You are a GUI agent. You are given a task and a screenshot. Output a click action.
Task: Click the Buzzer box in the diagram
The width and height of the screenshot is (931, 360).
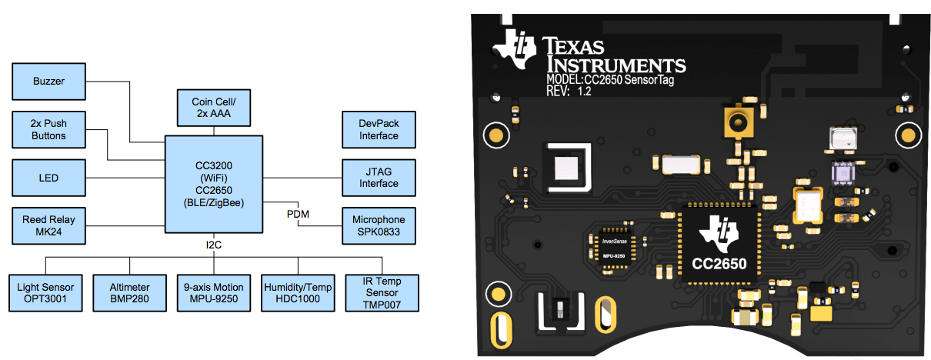pos(48,81)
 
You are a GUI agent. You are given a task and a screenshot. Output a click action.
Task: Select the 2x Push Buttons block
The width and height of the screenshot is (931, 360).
pos(48,130)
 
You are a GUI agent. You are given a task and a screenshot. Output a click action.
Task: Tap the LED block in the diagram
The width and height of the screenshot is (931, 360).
pos(48,178)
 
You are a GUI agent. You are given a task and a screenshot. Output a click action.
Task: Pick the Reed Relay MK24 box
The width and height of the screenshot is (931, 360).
pos(48,225)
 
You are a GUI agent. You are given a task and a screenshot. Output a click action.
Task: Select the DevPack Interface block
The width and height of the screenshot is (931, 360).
pos(379,130)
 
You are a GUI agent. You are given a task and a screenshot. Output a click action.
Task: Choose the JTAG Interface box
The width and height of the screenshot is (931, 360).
pos(379,178)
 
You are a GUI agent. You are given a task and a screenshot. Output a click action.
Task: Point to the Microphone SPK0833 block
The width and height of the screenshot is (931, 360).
pos(379,225)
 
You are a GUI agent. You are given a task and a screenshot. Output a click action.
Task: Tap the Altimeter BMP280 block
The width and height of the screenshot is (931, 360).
pos(129,292)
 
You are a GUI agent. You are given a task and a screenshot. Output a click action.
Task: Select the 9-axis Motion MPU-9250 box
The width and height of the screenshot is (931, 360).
pos(212,292)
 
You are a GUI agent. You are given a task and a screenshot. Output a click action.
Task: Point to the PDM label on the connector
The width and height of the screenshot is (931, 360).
pos(298,214)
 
